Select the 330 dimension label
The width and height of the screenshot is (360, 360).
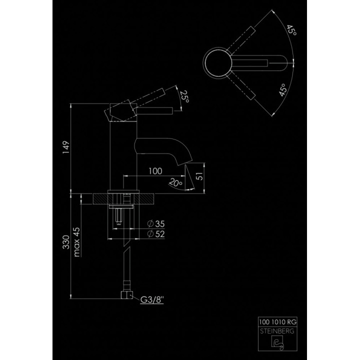[65, 244]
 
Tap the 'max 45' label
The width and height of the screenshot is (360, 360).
[76, 242]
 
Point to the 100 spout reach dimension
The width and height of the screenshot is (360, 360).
[155, 170]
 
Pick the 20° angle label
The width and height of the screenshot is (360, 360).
[174, 183]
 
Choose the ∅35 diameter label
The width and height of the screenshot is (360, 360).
[156, 223]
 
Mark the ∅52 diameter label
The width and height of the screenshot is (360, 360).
[156, 233]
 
